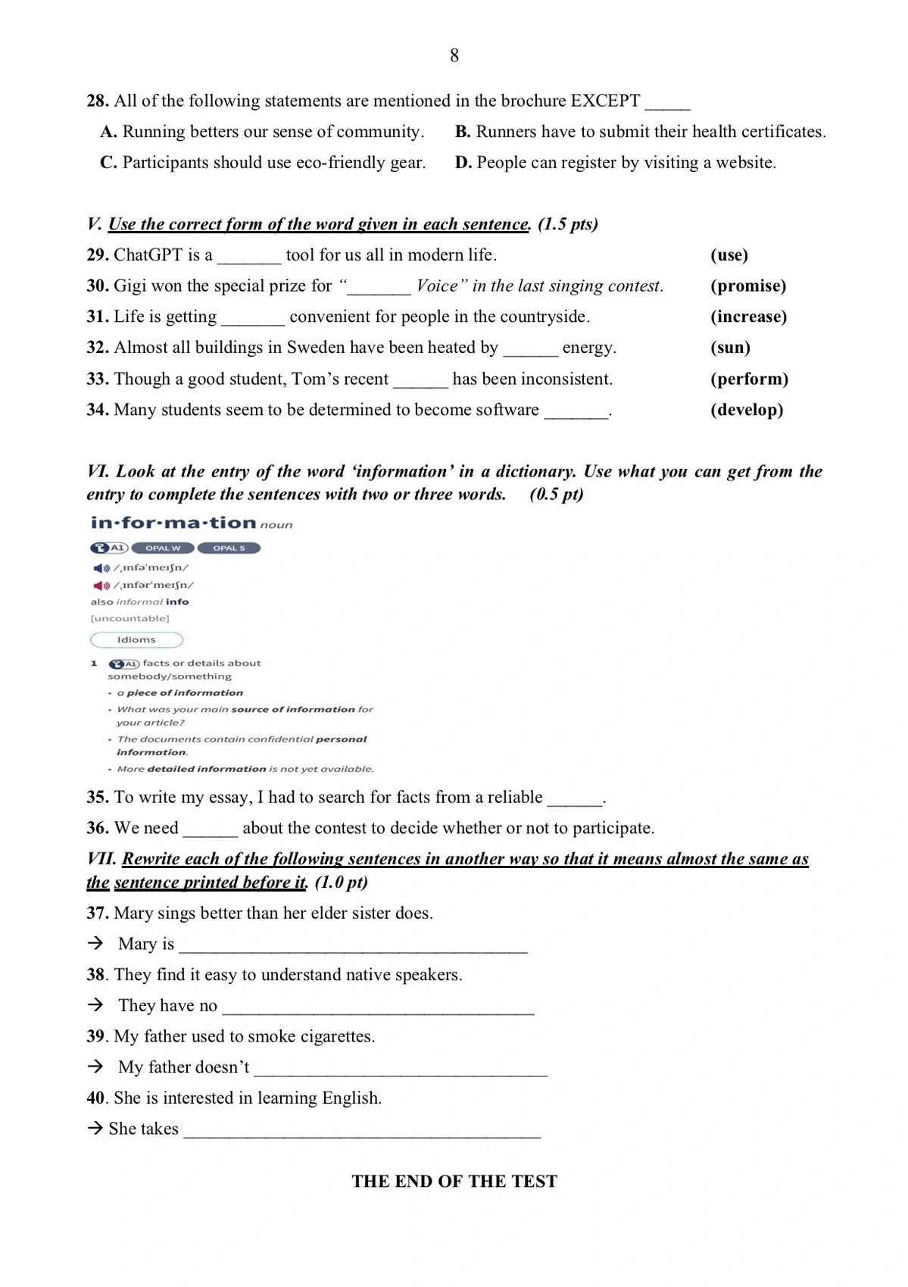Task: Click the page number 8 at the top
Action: (x=454, y=55)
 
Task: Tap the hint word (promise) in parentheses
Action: (x=747, y=286)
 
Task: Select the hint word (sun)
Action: (x=730, y=348)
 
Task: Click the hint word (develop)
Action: (x=746, y=410)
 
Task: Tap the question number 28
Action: (x=98, y=101)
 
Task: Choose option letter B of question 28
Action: (x=463, y=132)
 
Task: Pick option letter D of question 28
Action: (x=463, y=163)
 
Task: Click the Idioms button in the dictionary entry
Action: (x=136, y=640)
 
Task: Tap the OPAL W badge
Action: (x=163, y=548)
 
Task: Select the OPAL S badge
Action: (x=229, y=548)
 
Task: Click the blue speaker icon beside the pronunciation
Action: (x=100, y=568)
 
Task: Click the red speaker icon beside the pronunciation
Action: (x=100, y=586)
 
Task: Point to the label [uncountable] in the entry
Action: (x=130, y=619)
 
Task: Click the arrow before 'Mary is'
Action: (x=95, y=943)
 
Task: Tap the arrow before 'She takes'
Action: (x=95, y=1129)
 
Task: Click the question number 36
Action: (x=98, y=828)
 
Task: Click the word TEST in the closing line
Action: (x=534, y=1182)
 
